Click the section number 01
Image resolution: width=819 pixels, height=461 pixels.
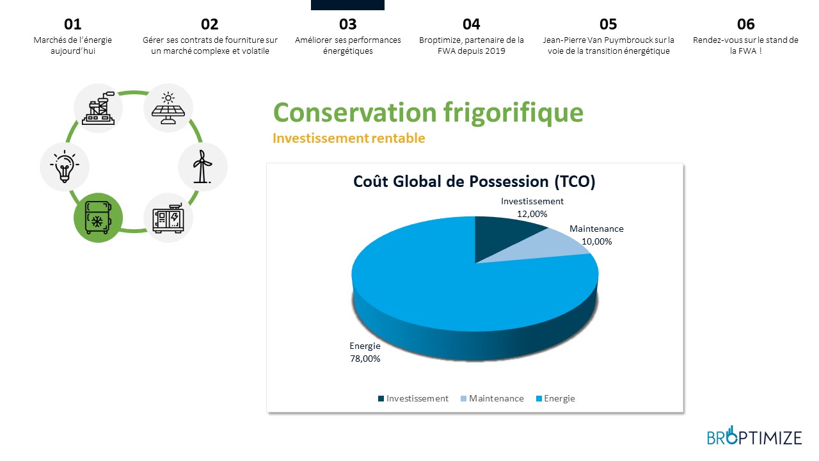pos(72,24)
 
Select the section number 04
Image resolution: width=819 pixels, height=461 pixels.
pos(472,24)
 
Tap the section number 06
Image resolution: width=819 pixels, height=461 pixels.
pos(745,24)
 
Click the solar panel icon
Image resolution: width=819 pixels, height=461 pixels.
pos(168,108)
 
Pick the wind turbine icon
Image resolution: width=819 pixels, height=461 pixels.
pos(202,166)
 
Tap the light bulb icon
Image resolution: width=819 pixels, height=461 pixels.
pos(65,166)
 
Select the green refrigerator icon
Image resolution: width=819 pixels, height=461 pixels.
pos(98,218)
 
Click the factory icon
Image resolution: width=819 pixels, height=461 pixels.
pos(98,108)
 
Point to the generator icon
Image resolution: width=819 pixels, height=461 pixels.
pos(168,218)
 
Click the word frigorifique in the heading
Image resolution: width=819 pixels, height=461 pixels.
pos(513,113)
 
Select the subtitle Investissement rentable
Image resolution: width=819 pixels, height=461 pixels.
pos(349,138)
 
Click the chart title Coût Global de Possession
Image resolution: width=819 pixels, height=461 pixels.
pos(451,181)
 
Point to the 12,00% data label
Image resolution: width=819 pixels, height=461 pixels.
pos(532,214)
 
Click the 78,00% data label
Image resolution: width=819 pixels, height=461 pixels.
pos(365,359)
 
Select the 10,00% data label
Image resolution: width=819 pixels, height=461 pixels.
pos(597,241)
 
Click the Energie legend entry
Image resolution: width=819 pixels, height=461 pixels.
pos(555,398)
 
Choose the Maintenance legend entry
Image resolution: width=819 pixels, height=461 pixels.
pos(492,398)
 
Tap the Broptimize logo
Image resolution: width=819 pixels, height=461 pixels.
pos(754,436)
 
